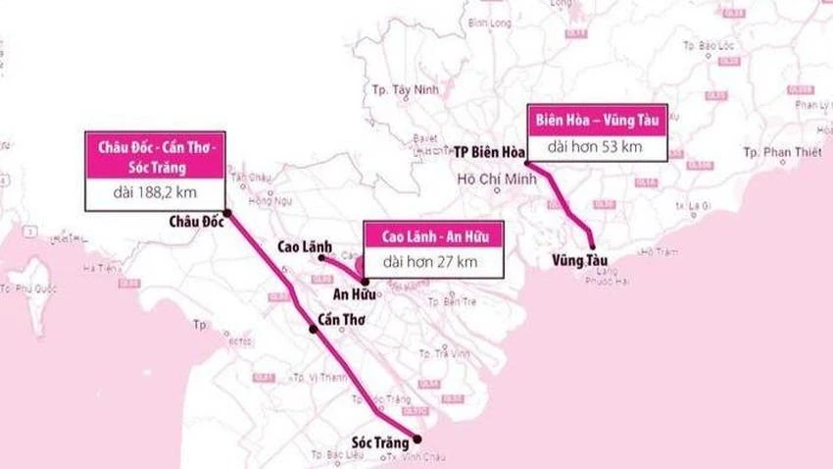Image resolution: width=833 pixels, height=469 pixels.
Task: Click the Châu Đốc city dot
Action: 227,213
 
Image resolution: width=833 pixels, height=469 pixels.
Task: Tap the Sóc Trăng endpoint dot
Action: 416,439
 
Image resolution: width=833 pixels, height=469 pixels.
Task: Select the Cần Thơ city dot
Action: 314,330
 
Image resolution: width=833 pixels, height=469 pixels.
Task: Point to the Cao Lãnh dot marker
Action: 321,258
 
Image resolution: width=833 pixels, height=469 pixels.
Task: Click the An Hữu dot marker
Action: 365,281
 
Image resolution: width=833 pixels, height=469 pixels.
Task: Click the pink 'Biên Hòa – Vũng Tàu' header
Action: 598,119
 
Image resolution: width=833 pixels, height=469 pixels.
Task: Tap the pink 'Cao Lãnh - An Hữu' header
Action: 433,236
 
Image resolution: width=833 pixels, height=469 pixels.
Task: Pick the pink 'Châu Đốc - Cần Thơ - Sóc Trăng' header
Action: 155,155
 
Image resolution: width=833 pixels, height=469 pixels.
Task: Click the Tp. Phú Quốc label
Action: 28,287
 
